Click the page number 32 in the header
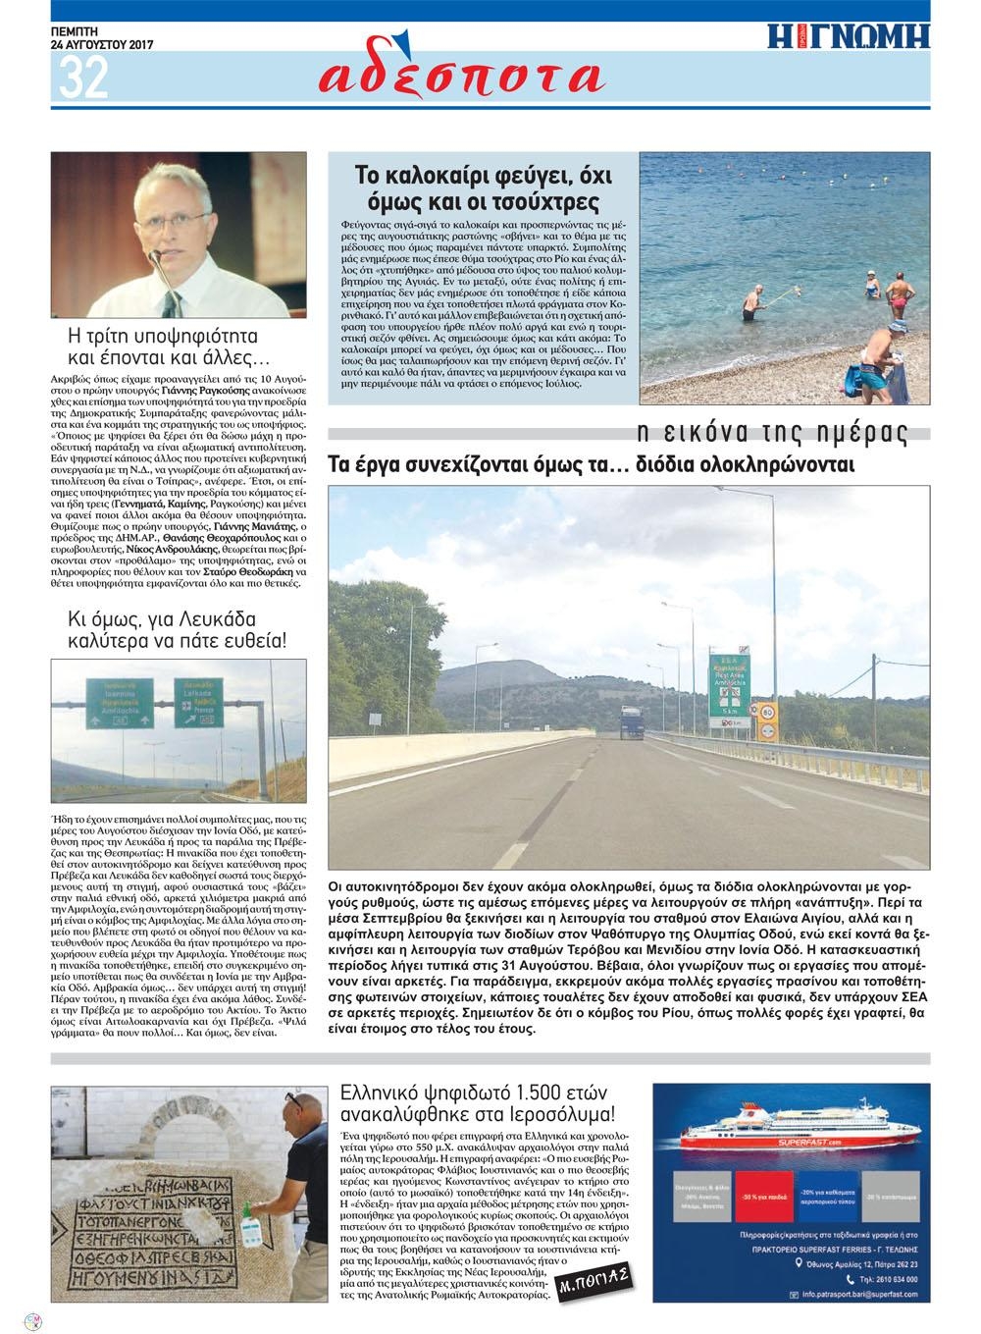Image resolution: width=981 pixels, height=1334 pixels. [x=83, y=78]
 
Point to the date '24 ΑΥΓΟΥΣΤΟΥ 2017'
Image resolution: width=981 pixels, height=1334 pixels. [x=104, y=44]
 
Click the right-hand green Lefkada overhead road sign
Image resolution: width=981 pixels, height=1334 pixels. [x=199, y=702]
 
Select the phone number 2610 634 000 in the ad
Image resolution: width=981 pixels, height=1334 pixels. [x=883, y=1279]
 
